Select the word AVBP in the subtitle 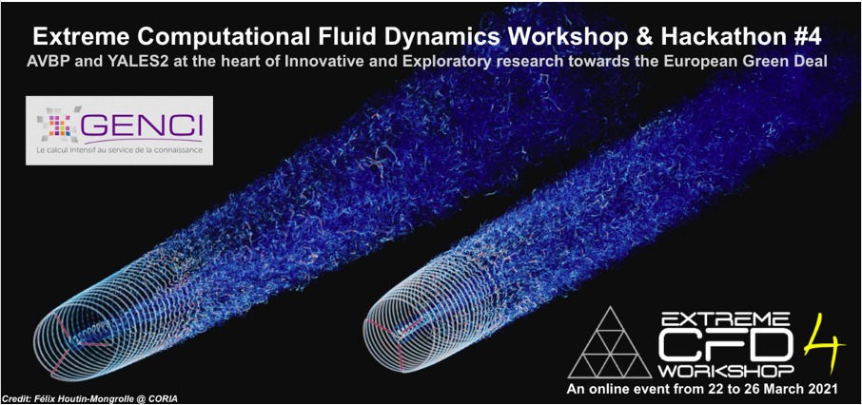point(48,62)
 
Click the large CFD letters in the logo point(725,344)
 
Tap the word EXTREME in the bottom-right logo point(727,318)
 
